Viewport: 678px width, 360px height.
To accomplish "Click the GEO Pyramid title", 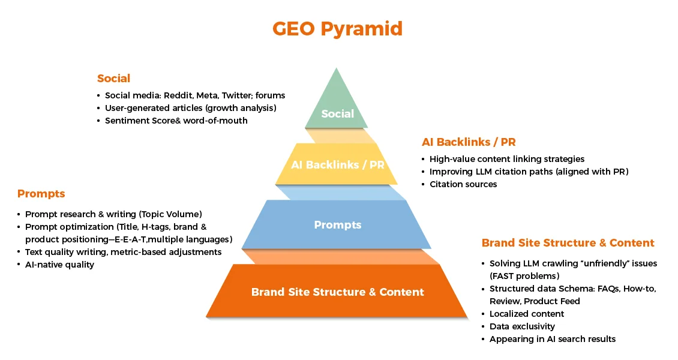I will [337, 29].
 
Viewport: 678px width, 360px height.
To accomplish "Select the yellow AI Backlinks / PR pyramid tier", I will [337, 164].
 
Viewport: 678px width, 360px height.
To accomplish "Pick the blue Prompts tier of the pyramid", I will [337, 225].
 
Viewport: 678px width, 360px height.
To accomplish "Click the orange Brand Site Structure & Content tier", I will [337, 292].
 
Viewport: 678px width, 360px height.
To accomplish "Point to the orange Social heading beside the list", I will [113, 79].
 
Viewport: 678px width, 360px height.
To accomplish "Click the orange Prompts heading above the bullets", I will [41, 194].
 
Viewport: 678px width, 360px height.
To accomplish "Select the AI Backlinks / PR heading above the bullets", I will [469, 142].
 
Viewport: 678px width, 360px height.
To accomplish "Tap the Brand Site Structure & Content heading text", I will [568, 243].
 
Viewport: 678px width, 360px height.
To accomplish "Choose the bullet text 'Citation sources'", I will [463, 184].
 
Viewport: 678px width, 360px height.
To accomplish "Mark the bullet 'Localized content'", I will [527, 314].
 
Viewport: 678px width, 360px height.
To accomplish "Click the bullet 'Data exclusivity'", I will [522, 326].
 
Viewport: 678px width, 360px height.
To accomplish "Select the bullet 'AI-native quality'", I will [59, 265].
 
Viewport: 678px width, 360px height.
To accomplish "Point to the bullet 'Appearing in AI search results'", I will [552, 339].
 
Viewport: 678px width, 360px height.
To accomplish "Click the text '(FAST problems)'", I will [524, 276].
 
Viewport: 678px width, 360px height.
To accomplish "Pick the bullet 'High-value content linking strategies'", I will [506, 159].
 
